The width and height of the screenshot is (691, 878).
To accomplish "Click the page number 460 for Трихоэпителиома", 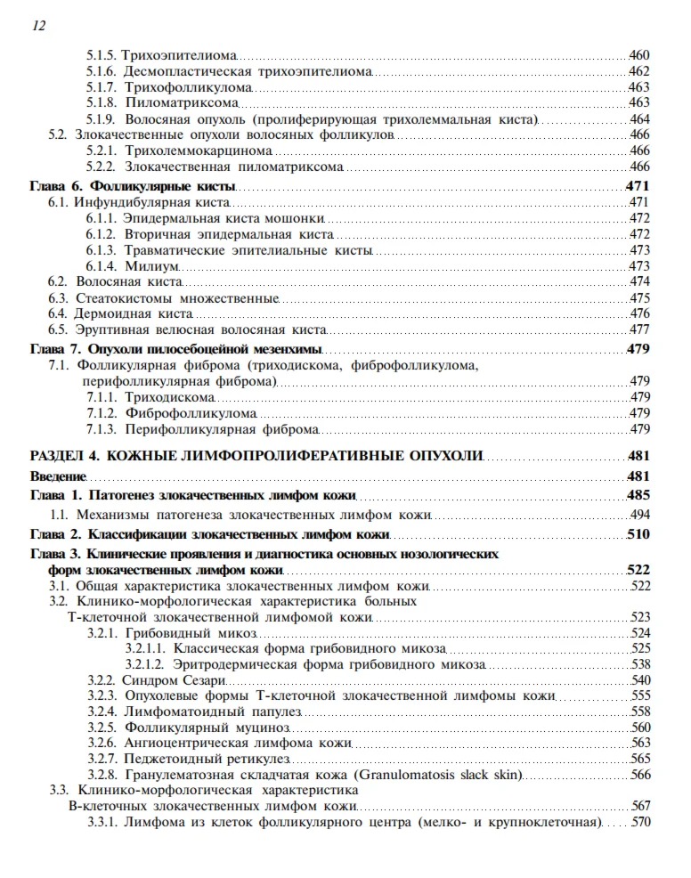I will pyautogui.click(x=638, y=56).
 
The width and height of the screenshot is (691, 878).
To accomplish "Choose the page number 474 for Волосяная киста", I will pyautogui.click(x=638, y=282).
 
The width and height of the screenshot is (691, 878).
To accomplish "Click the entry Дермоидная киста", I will pyautogui.click(x=134, y=313).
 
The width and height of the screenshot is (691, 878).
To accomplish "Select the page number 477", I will pyautogui.click(x=638, y=329).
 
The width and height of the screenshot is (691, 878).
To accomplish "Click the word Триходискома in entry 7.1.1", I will pyautogui.click(x=169, y=397).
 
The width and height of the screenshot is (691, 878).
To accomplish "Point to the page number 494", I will pyautogui.click(x=638, y=516).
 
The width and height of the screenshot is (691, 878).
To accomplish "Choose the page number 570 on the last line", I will pyautogui.click(x=639, y=822).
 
